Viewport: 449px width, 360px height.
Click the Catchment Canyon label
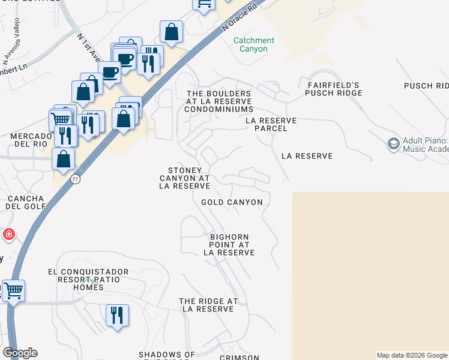click(x=253, y=45)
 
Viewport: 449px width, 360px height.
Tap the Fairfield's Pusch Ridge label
click(x=333, y=89)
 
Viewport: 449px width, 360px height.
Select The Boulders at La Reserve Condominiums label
click(x=219, y=101)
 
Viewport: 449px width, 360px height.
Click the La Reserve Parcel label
click(x=271, y=124)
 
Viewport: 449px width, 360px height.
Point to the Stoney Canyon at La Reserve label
click(x=184, y=178)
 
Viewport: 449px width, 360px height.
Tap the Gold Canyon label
click(x=232, y=202)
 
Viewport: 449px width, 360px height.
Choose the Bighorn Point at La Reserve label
click(x=229, y=245)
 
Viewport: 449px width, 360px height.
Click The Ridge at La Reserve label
click(x=208, y=305)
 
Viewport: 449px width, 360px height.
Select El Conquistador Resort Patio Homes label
click(x=84, y=280)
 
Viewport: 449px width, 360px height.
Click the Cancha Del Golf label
click(x=25, y=202)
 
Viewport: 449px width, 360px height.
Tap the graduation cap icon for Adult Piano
click(x=393, y=144)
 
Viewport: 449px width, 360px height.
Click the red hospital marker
click(x=8, y=235)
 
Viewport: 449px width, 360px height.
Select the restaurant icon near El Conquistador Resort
click(x=117, y=314)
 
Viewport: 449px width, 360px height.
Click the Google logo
click(x=20, y=353)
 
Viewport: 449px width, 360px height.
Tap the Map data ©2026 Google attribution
click(x=412, y=355)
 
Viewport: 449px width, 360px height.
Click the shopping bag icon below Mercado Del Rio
click(x=63, y=159)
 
